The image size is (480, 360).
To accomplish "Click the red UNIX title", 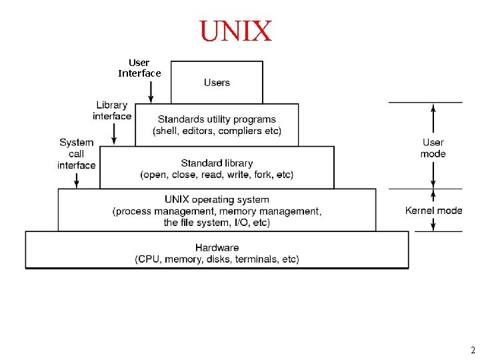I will (x=236, y=31).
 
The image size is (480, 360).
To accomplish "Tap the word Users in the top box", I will (x=217, y=83).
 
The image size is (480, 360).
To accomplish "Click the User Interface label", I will (x=139, y=68).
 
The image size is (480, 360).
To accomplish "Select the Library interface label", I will (x=112, y=111).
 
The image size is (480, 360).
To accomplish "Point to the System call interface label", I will (x=77, y=153).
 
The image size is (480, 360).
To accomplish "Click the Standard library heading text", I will (x=217, y=163).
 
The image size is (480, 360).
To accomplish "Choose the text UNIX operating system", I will (x=217, y=199).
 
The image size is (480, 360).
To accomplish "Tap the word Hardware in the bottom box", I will (x=217, y=247).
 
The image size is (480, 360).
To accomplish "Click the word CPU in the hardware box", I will (x=149, y=259).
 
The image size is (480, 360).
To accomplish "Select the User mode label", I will (x=433, y=148).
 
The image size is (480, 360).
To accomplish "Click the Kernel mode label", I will (x=433, y=211).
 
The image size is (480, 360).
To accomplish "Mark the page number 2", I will (x=472, y=350).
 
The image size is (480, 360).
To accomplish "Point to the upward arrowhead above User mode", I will (x=434, y=108).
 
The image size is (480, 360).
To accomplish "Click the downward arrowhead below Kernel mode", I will (x=434, y=226).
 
